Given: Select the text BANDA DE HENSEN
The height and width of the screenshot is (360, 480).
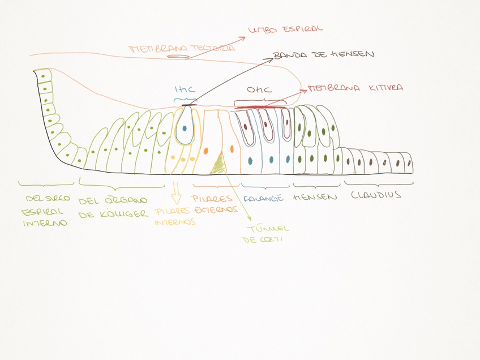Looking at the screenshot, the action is pos(323,55).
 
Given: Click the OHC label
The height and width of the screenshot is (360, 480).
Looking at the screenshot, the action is pos(259,89).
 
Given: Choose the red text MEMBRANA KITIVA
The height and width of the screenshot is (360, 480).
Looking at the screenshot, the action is pos(355,88).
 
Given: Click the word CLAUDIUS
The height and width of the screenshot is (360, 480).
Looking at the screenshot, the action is pos(376,195).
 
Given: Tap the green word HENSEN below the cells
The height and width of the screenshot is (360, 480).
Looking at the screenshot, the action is pos(315,198).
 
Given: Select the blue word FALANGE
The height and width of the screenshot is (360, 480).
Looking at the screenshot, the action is pos(263,199).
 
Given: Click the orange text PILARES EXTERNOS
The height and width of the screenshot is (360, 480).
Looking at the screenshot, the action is pos(213,204).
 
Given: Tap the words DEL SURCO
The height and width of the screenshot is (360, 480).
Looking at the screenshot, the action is pos(48,198).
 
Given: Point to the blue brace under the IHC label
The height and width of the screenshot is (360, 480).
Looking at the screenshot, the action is pos(185,100).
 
